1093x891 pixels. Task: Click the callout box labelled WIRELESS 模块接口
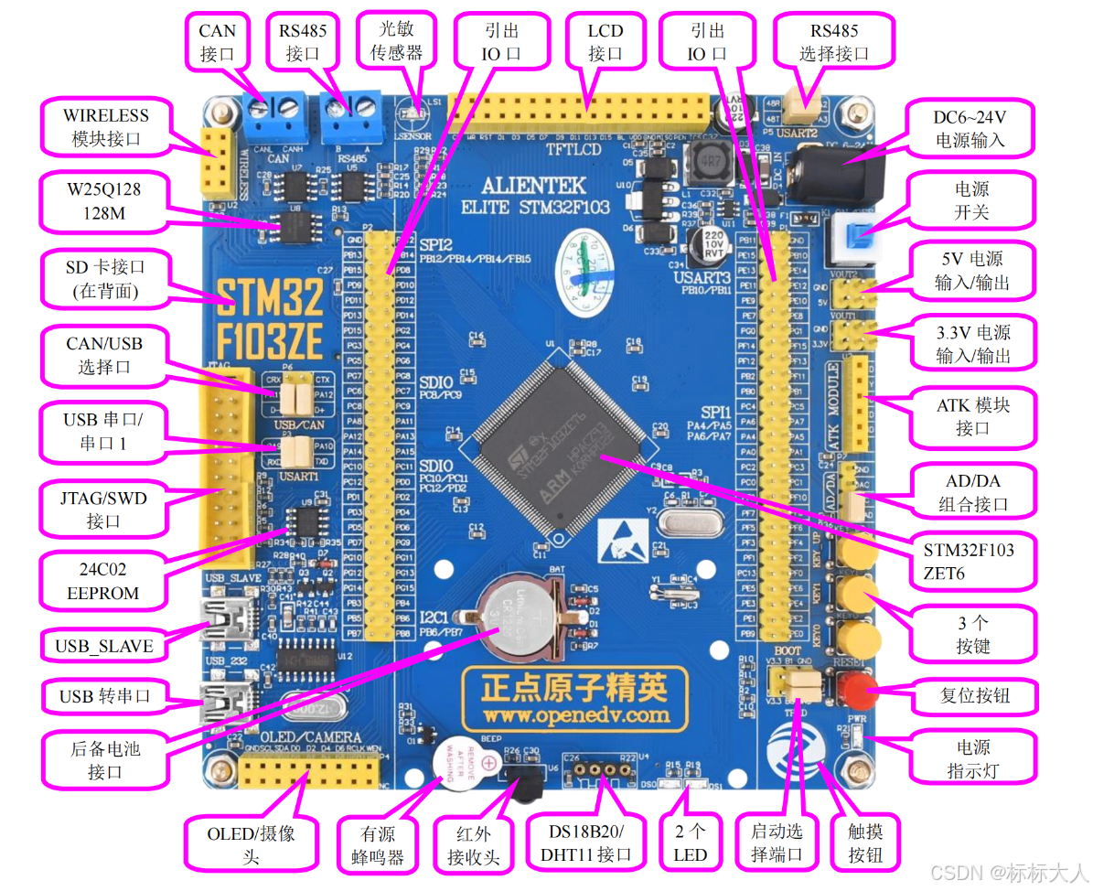(x=106, y=127)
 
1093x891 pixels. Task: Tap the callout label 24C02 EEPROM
(x=103, y=581)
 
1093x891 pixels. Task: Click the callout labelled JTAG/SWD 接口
(x=103, y=510)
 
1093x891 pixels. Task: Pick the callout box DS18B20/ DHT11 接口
(x=587, y=843)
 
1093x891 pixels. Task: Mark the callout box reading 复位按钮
(x=975, y=695)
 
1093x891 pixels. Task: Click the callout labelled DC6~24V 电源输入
(x=969, y=128)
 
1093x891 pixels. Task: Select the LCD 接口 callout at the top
(x=605, y=42)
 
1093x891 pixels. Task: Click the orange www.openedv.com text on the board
(x=576, y=714)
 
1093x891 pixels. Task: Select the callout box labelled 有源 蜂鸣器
(x=382, y=845)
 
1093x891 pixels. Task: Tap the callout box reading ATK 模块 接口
(x=972, y=416)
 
